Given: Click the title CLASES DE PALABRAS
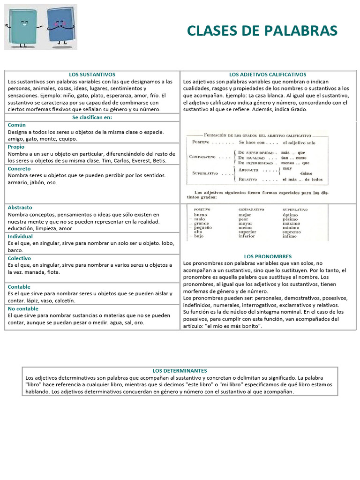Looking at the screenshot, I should [x=262, y=30].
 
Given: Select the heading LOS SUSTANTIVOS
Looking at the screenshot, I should [x=92, y=75].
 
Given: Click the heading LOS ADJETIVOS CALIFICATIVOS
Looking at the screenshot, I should [x=268, y=75].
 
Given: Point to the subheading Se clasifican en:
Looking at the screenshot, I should [x=92, y=117].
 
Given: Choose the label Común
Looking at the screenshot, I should [x=17, y=125].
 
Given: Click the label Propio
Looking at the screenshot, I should [x=17, y=147].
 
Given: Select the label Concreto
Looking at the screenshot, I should [x=19, y=168].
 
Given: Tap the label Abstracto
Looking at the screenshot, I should [x=20, y=207].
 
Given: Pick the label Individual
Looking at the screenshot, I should [x=20, y=236].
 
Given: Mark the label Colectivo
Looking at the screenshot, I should [x=19, y=258].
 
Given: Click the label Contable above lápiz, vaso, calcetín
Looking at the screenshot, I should [x=19, y=287].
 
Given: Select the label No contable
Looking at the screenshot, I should [x=22, y=308].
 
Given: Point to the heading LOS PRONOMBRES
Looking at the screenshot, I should [x=268, y=256].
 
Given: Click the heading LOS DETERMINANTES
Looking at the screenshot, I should [x=180, y=370].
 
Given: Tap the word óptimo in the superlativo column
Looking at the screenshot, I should [x=290, y=215].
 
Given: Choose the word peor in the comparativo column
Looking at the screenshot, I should [x=243, y=219].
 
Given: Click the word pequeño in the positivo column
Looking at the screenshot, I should [x=203, y=227].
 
